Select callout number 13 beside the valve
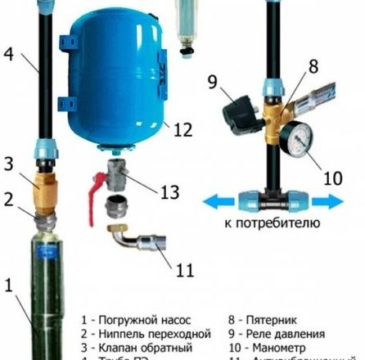[x=169, y=193]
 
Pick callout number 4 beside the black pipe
[x=7, y=56]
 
